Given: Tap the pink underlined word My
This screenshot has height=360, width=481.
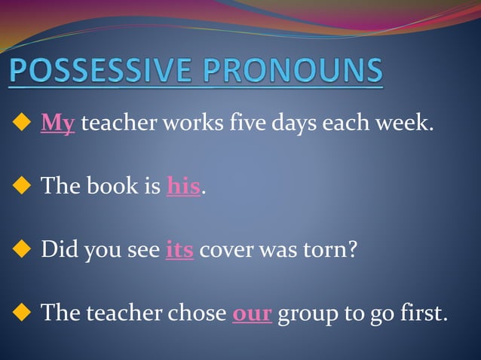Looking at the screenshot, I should pyautogui.click(x=58, y=122).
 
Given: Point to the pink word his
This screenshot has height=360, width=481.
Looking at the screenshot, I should pyautogui.click(x=183, y=185).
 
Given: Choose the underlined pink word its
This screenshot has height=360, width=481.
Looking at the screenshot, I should pyautogui.click(x=179, y=248).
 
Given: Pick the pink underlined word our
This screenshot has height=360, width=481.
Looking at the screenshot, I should pyautogui.click(x=252, y=312).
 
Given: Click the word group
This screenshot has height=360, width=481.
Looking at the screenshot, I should pyautogui.click(x=308, y=313).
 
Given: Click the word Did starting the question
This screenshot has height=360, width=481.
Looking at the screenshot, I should pyautogui.click(x=56, y=248).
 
